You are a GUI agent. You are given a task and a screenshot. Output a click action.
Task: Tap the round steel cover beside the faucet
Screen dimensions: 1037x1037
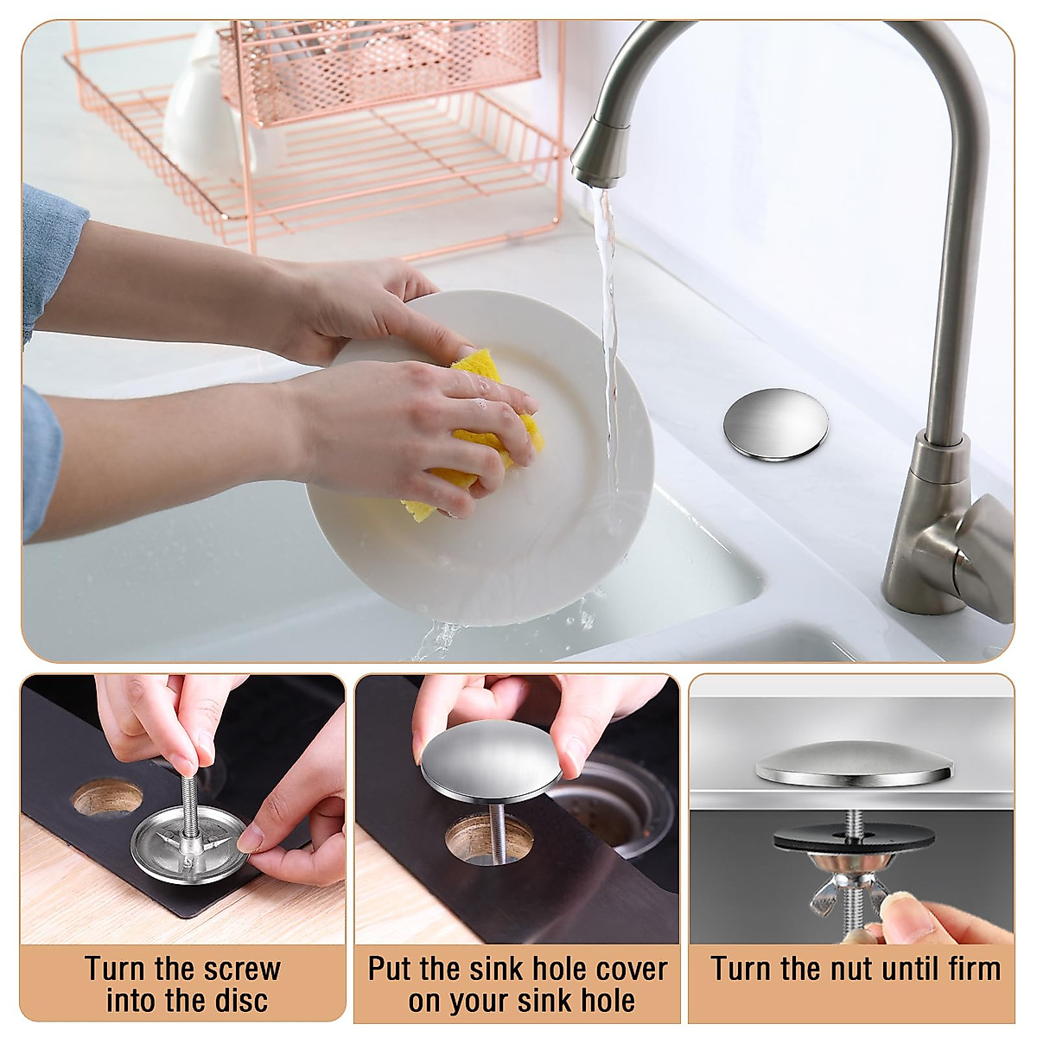pyautogui.click(x=775, y=424)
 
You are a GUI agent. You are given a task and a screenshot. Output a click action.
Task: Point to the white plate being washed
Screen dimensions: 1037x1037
pyautogui.click(x=484, y=457)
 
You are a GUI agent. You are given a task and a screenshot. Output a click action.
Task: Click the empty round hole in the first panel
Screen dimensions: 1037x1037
pyautogui.click(x=107, y=797)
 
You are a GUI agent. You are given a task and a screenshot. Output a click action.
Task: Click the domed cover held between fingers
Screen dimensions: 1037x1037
pyautogui.click(x=491, y=767)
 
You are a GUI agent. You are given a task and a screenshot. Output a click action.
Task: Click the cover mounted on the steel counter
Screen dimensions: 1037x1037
pyautogui.click(x=854, y=764)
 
